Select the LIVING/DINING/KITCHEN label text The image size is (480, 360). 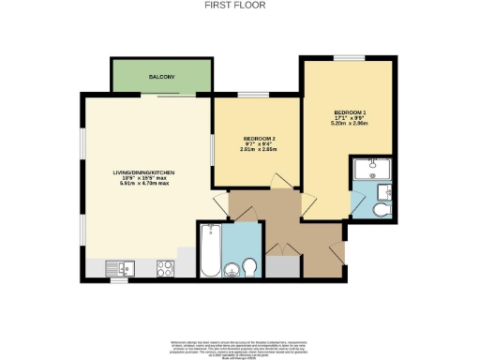[x=144, y=173]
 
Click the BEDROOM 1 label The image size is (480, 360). [x=347, y=112]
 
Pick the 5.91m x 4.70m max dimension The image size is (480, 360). [x=144, y=183]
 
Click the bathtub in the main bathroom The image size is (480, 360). [x=211, y=250]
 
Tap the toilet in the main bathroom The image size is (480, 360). [x=250, y=269]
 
